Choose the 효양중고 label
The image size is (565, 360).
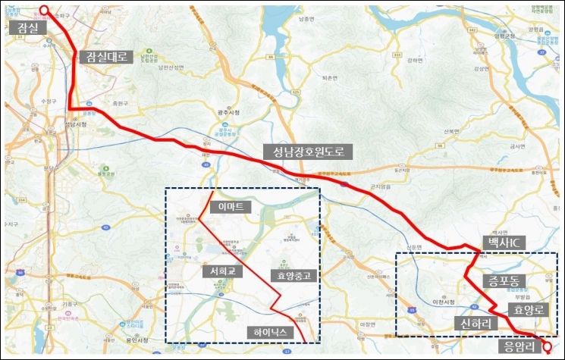(x=290, y=275)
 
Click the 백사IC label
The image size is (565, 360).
(x=503, y=242)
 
